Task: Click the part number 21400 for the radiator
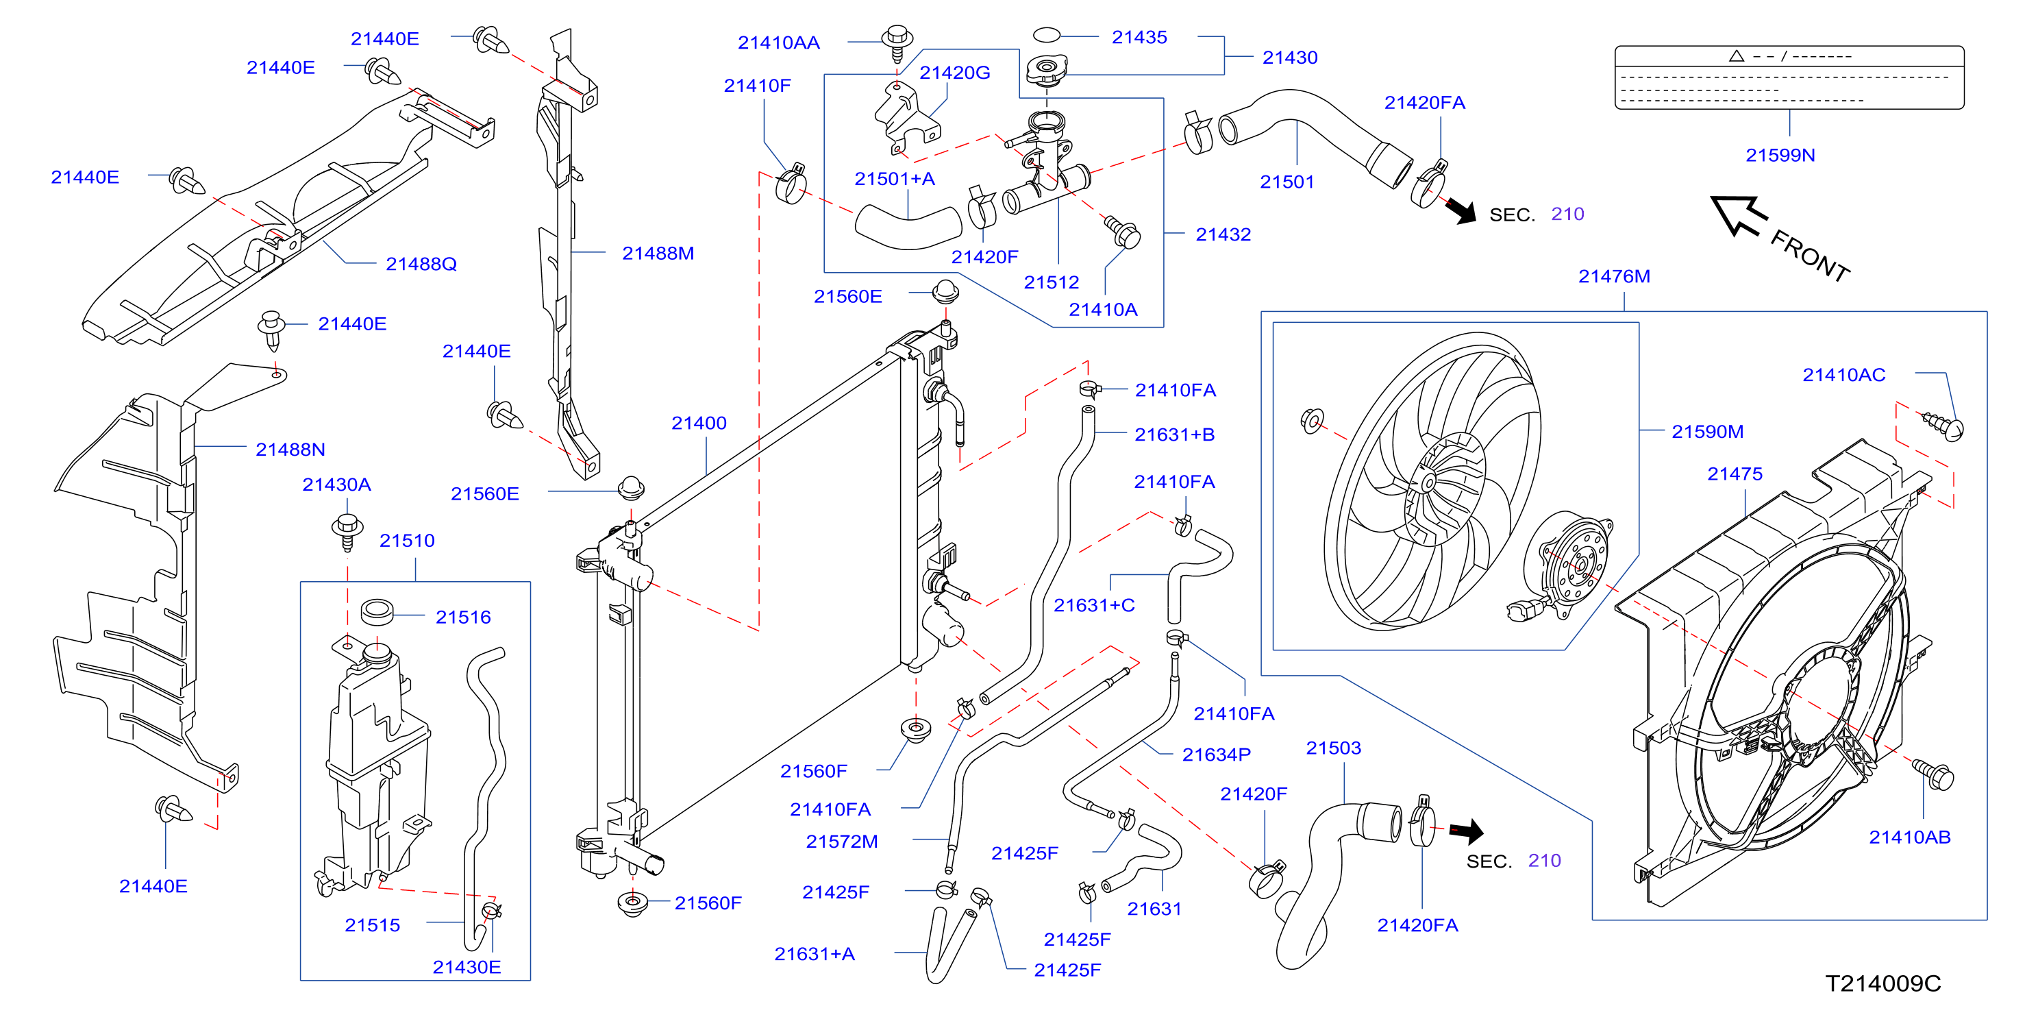[x=699, y=424]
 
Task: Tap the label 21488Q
[x=421, y=265]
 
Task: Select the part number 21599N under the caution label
[x=1780, y=155]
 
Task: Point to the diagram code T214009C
[x=1883, y=983]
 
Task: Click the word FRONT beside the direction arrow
[x=1810, y=256]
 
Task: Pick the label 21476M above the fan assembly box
[x=1614, y=277]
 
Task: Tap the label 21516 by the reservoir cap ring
[x=463, y=617]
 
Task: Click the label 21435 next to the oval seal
[x=1139, y=37]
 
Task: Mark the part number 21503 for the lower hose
[x=1333, y=748]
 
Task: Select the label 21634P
[x=1216, y=755]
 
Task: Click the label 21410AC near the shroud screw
[x=1843, y=375]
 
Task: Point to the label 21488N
[x=290, y=450]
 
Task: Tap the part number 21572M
[x=842, y=842]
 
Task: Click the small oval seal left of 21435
[x=1046, y=35]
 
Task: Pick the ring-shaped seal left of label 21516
[x=377, y=612]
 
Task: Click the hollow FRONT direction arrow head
[x=1737, y=215]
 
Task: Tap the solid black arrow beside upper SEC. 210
[x=1461, y=210]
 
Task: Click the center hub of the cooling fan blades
[x=1428, y=482]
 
